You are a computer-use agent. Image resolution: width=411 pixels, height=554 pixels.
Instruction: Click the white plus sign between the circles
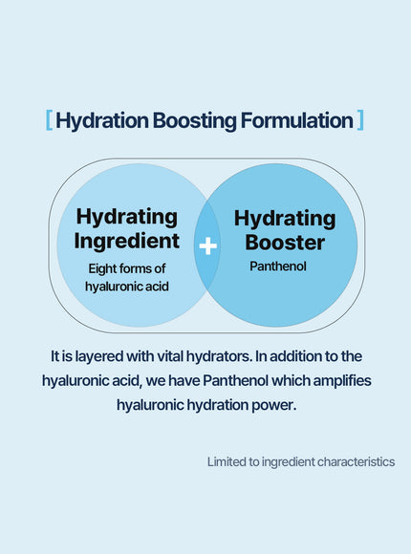[208, 245]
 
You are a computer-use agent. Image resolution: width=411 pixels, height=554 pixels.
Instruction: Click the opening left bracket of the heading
[49, 120]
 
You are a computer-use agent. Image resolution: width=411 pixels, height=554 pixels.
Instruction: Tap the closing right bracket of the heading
[360, 120]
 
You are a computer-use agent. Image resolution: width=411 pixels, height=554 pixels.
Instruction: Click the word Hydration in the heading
[102, 121]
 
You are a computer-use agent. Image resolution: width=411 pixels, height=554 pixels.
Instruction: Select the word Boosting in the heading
[195, 121]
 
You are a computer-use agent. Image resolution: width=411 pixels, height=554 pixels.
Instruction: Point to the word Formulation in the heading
[296, 120]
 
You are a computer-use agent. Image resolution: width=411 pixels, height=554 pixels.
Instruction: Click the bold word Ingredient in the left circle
[126, 242]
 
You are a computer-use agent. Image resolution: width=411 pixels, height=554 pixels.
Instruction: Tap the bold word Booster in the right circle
[285, 243]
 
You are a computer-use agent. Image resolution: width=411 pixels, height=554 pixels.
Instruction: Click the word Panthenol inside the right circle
[278, 266]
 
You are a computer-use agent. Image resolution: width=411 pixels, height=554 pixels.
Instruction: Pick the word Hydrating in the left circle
[126, 218]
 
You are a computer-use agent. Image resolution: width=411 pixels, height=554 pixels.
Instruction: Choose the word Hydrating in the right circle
[285, 220]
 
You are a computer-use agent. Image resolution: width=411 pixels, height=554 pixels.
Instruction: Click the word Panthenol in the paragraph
[236, 380]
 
